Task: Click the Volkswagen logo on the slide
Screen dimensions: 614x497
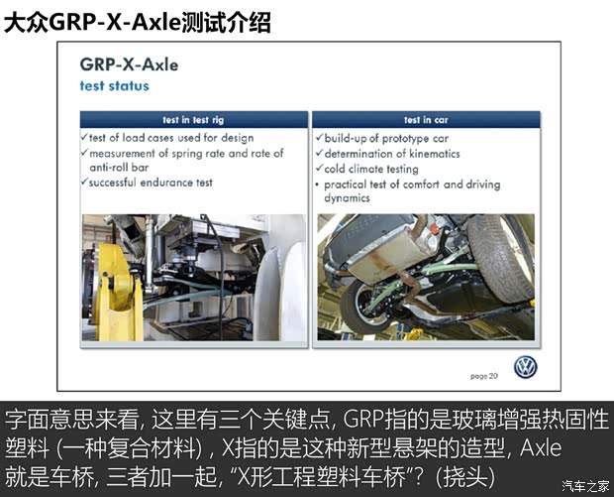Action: [526, 367]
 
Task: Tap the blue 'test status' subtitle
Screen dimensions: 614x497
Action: [114, 86]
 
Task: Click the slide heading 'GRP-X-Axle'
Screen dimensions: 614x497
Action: [129, 64]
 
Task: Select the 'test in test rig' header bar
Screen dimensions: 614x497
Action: [194, 120]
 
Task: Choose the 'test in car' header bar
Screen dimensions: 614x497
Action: [426, 120]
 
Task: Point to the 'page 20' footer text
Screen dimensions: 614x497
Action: [484, 376]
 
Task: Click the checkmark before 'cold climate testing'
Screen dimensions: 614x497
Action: [320, 168]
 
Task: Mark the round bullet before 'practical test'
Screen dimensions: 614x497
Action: [317, 184]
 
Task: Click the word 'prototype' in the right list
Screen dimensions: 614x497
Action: [406, 139]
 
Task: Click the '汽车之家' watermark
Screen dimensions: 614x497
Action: [586, 485]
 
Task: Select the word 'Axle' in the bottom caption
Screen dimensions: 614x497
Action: [541, 447]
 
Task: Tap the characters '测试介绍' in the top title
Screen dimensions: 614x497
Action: [227, 23]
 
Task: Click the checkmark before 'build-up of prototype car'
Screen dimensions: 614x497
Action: [320, 137]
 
